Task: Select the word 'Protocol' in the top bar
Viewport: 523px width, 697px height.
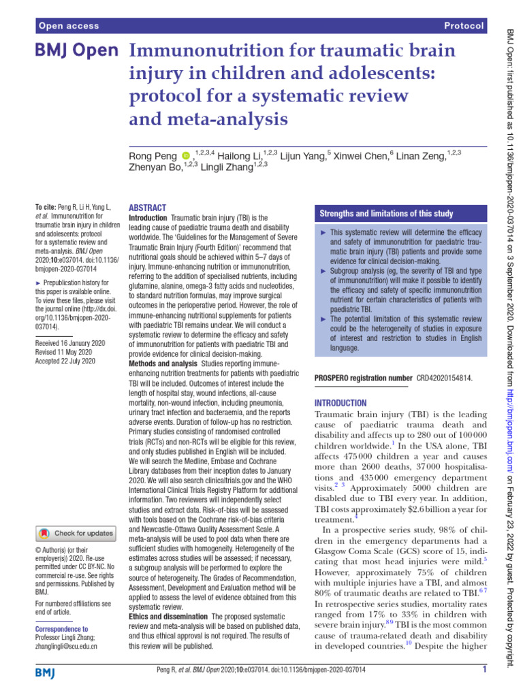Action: pyautogui.click(x=464, y=26)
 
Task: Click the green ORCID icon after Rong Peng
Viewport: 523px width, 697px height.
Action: pyautogui.click(x=187, y=157)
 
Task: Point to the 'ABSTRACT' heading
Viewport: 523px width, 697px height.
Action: pyautogui.click(x=147, y=208)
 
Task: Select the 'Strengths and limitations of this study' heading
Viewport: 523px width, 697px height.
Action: pyautogui.click(x=386, y=214)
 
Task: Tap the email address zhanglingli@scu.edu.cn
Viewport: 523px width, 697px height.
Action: pyautogui.click(x=65, y=646)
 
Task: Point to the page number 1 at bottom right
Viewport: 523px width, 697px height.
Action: pyautogui.click(x=484, y=670)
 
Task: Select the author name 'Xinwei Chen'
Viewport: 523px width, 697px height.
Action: pyautogui.click(x=360, y=157)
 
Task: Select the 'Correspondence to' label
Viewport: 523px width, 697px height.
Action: pyautogui.click(x=61, y=630)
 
